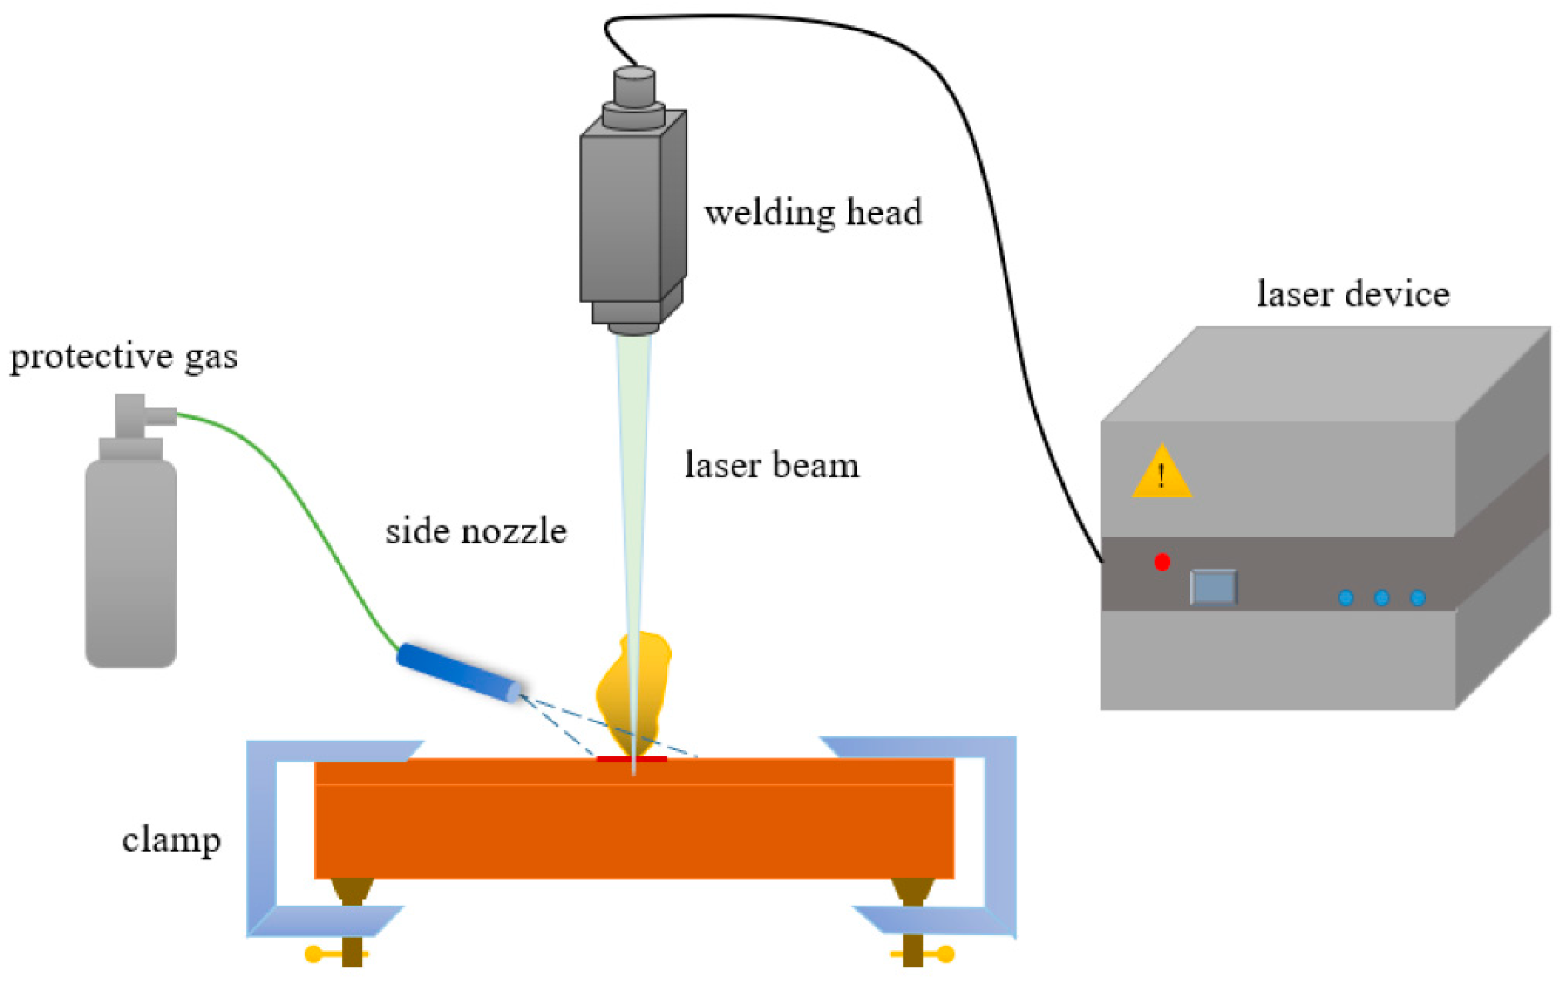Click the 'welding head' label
[812, 213]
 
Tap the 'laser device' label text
[1352, 294]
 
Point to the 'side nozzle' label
[476, 532]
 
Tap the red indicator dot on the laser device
[1162, 562]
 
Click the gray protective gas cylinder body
[131, 564]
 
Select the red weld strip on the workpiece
[632, 759]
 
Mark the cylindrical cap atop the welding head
[634, 84]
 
